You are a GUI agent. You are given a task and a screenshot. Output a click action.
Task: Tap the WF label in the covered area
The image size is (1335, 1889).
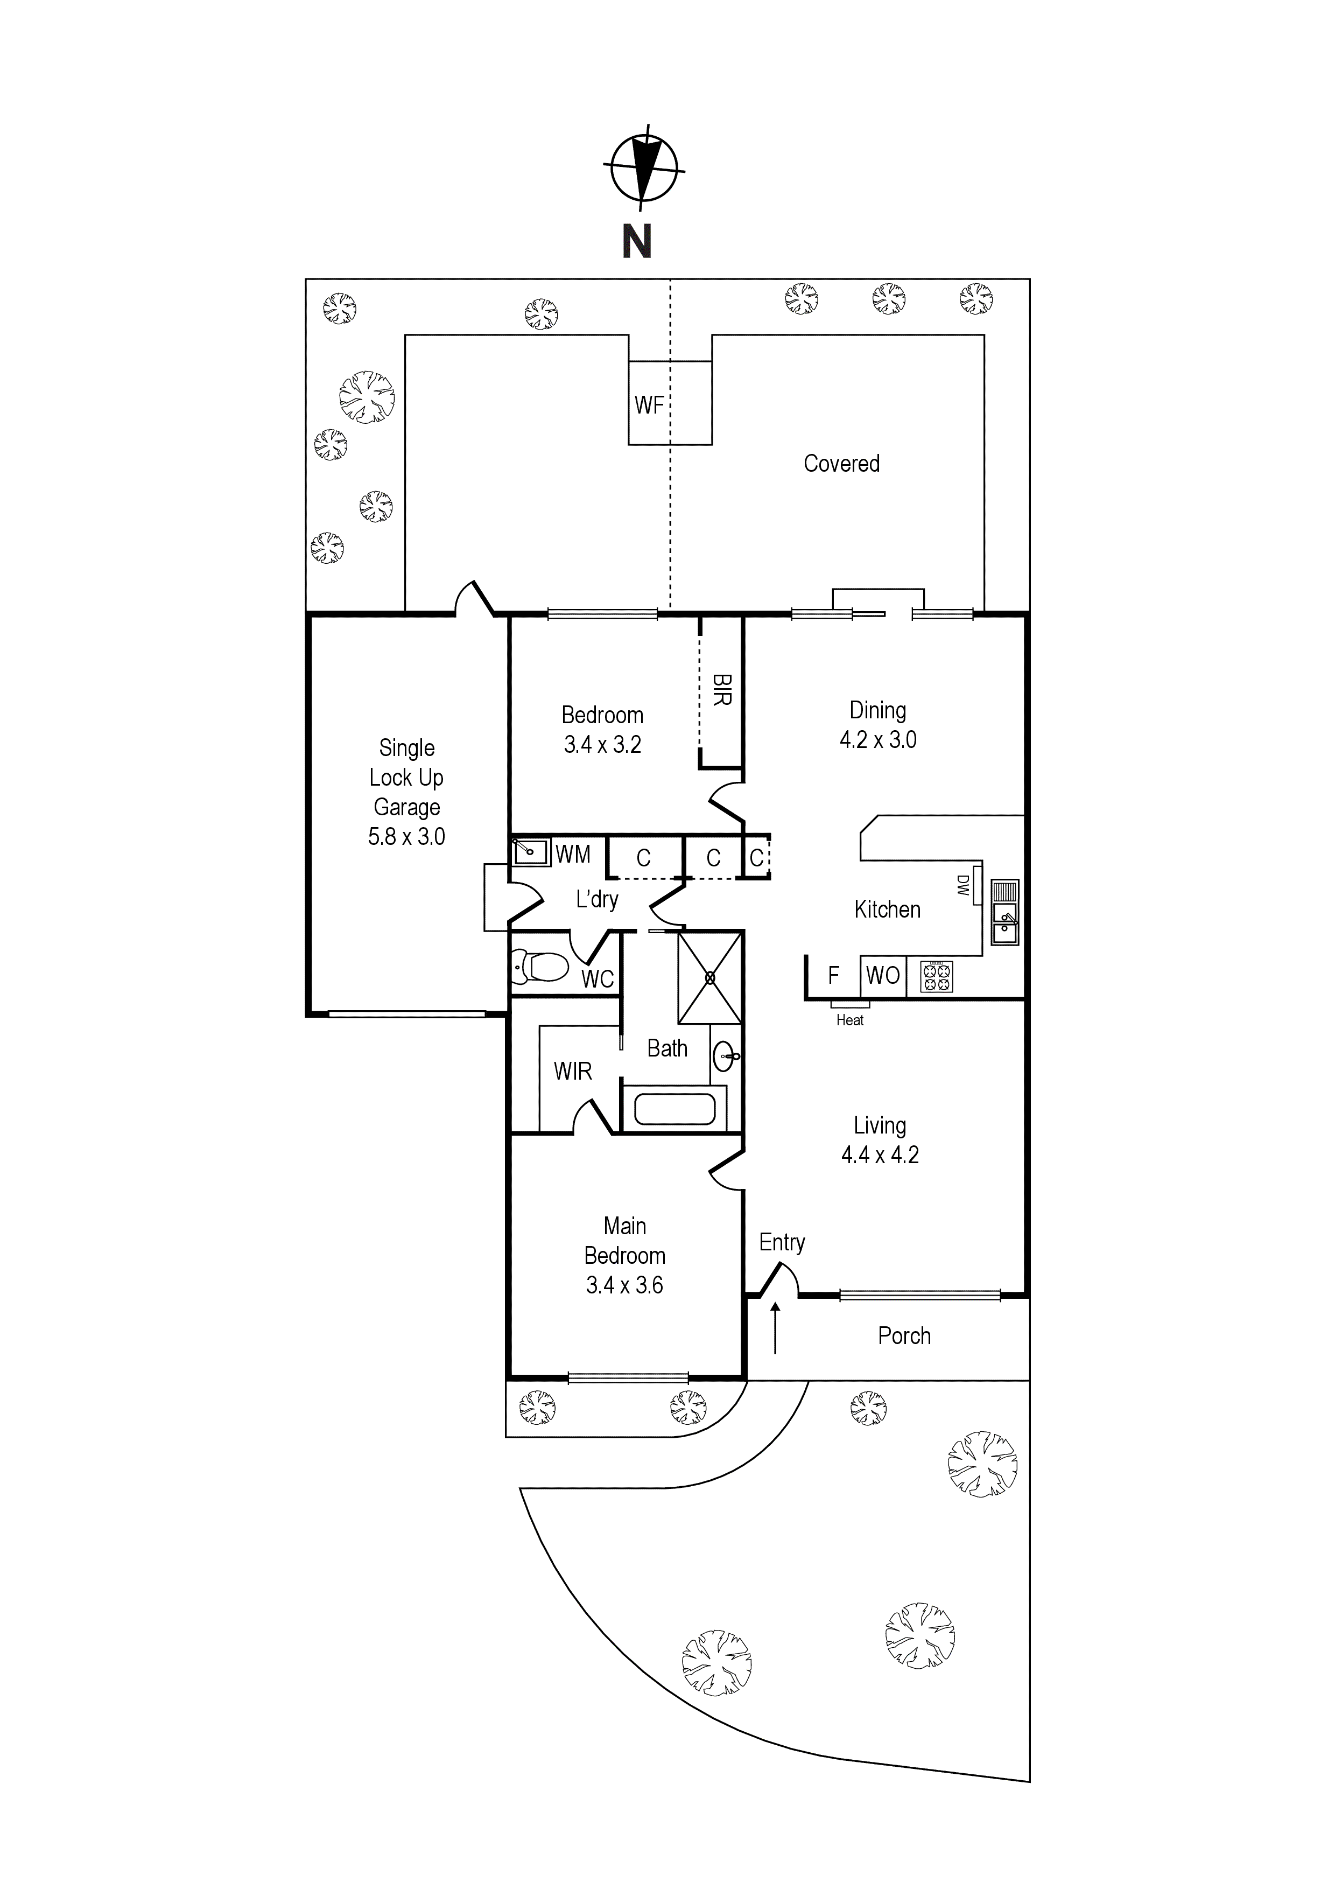(649, 405)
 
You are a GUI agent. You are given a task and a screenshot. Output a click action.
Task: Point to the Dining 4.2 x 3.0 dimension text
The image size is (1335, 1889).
(877, 740)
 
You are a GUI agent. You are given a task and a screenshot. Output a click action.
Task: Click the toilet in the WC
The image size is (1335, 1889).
(539, 967)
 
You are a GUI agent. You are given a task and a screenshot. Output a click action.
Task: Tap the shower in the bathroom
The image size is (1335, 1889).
(709, 977)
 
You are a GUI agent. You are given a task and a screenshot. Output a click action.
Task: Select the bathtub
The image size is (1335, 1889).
(674, 1109)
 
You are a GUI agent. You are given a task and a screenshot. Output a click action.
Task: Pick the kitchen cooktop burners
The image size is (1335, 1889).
(936, 977)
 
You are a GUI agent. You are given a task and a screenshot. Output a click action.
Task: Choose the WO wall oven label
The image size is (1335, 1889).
(883, 975)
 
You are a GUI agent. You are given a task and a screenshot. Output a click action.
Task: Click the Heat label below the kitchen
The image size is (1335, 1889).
(849, 1020)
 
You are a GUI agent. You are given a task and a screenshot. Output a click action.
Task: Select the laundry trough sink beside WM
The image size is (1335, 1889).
(531, 851)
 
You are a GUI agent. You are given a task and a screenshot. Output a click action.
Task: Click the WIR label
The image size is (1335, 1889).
(573, 1071)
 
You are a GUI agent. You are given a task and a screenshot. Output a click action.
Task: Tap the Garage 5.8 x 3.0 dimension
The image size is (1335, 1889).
(406, 837)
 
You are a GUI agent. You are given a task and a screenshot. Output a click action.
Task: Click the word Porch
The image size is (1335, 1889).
(904, 1336)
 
